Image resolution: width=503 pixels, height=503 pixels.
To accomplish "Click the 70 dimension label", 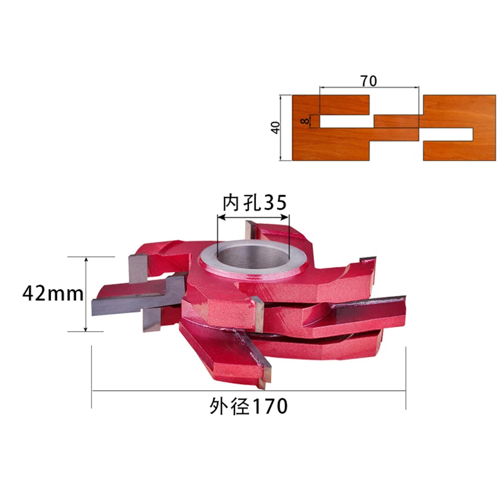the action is click(369, 81).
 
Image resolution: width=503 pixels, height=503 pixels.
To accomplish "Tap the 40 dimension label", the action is click(275, 127).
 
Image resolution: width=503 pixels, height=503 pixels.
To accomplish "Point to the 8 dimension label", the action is click(305, 121).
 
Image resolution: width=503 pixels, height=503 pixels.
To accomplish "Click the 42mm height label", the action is click(53, 294).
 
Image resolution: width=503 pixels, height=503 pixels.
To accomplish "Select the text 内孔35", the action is click(255, 202).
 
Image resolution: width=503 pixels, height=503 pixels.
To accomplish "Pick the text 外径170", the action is click(248, 406).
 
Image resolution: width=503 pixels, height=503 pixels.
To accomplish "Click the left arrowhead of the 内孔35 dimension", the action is click(221, 217).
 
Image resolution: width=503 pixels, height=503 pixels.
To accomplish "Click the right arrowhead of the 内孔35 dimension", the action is click(286, 217).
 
